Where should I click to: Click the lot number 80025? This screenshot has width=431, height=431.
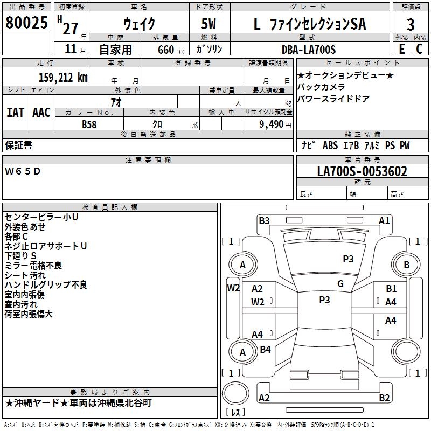click(x=26, y=24)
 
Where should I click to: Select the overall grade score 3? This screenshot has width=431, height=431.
click(x=411, y=24)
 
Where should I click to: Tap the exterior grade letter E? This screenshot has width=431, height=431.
click(x=401, y=49)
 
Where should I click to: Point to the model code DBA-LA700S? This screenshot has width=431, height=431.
click(x=308, y=50)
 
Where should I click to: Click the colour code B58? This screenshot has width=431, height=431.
click(x=89, y=124)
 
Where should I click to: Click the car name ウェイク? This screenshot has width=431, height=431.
click(x=139, y=24)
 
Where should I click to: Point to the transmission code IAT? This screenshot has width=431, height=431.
click(x=16, y=113)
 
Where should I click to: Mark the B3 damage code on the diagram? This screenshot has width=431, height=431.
click(x=264, y=220)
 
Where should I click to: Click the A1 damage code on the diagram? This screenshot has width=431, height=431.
click(x=384, y=220)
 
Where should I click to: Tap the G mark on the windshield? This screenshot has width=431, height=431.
click(x=340, y=284)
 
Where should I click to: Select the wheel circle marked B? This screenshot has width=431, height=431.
click(x=407, y=265)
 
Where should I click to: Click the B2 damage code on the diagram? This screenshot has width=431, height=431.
click(x=384, y=398)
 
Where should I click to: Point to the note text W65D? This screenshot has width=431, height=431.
click(x=23, y=171)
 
